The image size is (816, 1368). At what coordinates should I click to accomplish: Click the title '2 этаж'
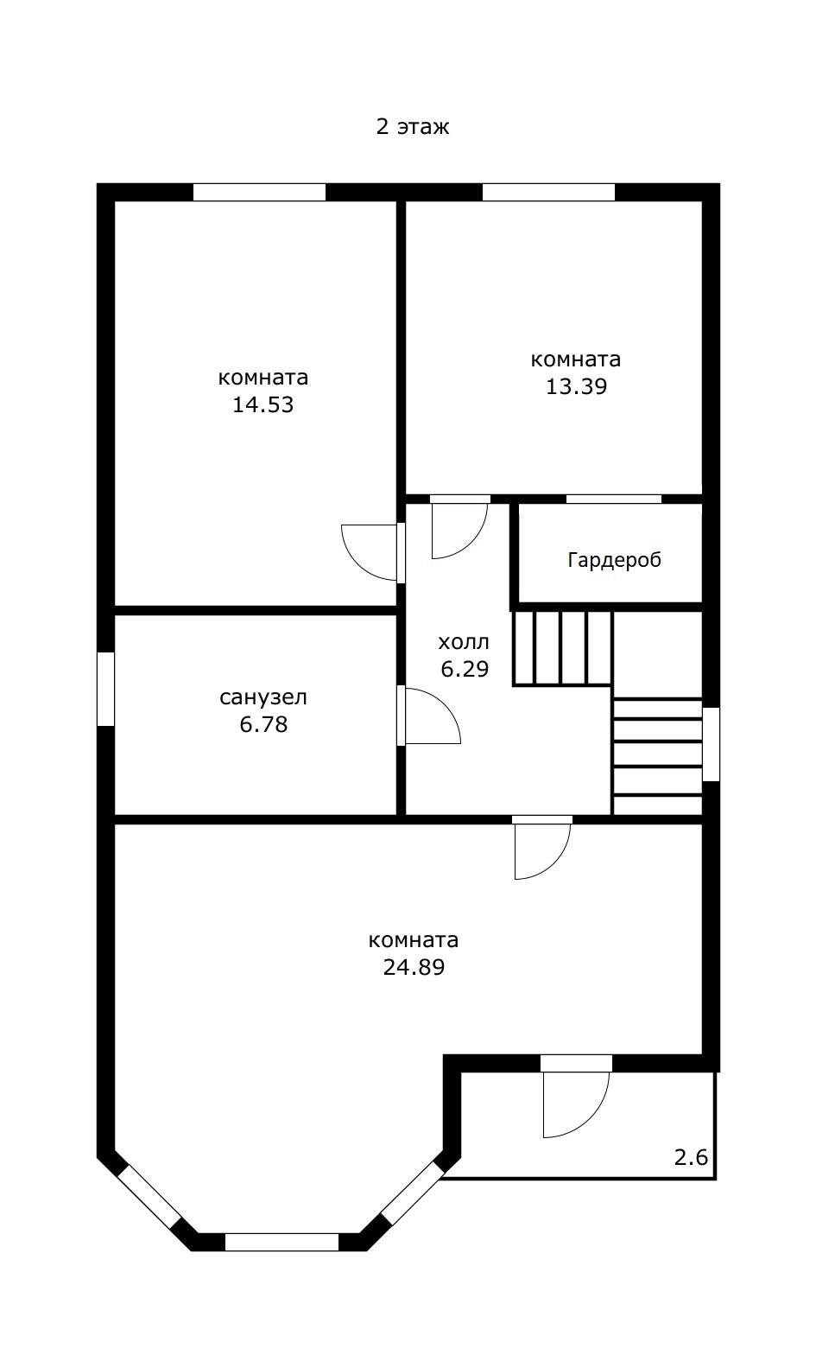413,126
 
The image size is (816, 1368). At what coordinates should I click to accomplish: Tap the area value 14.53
263,404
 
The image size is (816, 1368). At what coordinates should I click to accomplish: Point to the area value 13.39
576,386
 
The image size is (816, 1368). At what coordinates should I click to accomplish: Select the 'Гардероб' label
614,559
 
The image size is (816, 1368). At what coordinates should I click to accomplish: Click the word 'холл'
464,642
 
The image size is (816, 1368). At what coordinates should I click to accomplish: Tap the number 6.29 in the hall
465,669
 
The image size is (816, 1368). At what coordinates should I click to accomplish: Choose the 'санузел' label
263,697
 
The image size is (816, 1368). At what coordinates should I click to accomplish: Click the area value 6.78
263,724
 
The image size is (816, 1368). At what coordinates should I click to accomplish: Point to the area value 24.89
414,967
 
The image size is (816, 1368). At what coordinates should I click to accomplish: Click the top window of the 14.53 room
259,192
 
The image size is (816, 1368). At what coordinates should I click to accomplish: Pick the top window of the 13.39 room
548,192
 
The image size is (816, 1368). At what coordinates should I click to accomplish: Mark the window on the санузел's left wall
106,689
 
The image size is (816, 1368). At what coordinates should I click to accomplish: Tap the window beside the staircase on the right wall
711,744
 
